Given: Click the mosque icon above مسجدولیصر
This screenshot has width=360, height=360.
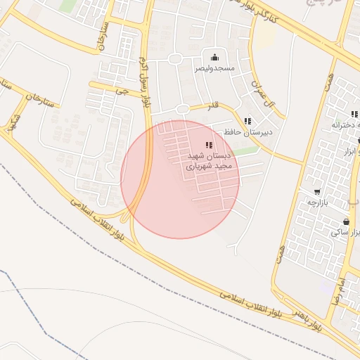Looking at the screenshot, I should click(214, 57).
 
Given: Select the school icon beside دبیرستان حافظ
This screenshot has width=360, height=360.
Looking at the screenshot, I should click(247, 121).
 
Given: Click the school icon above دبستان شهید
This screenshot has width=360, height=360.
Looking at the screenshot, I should click(208, 144).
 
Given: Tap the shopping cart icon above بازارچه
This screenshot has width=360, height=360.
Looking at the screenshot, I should click(317, 191).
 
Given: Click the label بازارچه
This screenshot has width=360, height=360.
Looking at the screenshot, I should click(319, 202).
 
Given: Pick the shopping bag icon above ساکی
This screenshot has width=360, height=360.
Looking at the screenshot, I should click(347, 222).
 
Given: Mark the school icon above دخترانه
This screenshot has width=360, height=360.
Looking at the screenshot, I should click(354, 113).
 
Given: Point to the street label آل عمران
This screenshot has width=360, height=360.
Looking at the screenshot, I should click(260, 90).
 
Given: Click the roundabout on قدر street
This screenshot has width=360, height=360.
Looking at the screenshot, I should click(183, 109).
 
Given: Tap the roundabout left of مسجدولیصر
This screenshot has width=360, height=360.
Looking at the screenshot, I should click(175, 59).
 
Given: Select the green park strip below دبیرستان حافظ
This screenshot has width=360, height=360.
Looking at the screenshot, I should click(245, 150).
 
